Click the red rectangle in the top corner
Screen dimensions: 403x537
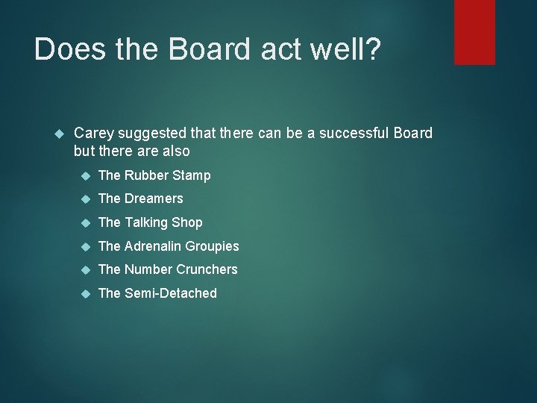pos(475,32)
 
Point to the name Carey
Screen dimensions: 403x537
pos(94,134)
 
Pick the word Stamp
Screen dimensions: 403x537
pos(192,175)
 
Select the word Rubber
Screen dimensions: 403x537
pos(146,175)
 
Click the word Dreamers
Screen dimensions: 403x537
pos(154,199)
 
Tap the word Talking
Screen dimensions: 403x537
pos(147,222)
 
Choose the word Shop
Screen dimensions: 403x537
pos(187,222)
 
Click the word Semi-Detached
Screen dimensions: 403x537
pos(171,293)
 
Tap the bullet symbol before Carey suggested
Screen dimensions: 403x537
pos(62,134)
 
